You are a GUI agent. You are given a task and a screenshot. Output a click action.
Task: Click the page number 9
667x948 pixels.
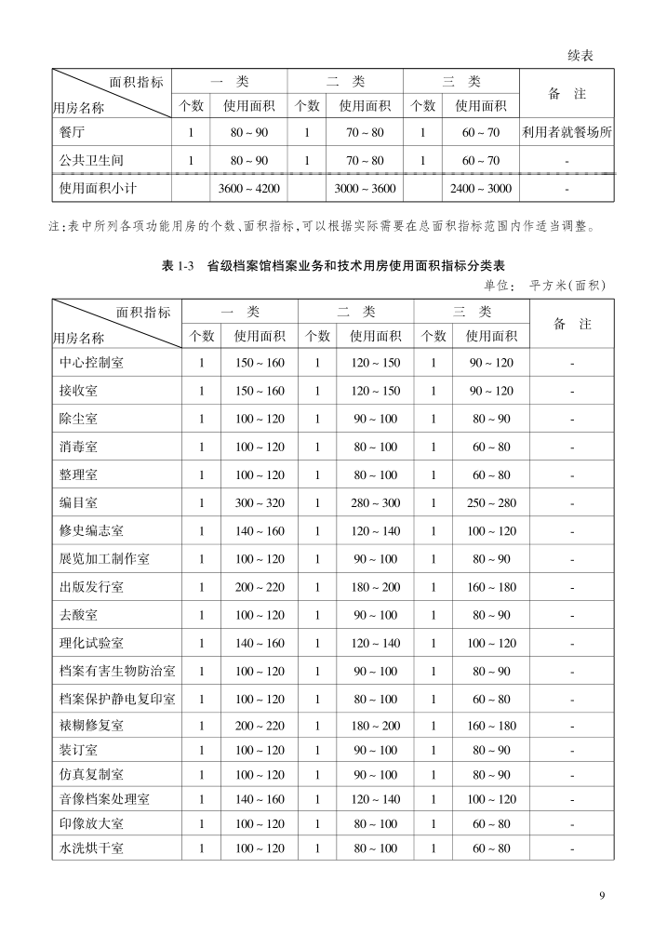point(603,896)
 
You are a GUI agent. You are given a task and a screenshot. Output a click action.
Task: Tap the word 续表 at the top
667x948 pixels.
point(580,56)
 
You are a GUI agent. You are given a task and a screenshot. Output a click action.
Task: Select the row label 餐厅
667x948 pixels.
point(72,132)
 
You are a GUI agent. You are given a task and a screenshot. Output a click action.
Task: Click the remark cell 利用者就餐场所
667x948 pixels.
point(567,132)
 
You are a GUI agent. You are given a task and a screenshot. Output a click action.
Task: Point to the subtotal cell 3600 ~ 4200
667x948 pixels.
point(249,188)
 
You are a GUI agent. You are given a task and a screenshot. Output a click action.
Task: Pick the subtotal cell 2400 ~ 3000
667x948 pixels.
point(481,188)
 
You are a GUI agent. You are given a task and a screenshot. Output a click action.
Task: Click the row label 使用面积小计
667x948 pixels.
point(98,188)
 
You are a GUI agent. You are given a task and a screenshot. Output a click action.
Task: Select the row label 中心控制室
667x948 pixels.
point(91,363)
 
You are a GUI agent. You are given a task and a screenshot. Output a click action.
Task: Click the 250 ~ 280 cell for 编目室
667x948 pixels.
point(491,503)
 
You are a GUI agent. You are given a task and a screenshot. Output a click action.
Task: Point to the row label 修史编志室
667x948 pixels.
point(91,531)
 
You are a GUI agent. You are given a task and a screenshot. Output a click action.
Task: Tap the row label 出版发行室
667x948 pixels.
point(91,587)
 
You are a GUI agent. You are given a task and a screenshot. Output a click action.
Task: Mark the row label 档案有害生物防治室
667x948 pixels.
point(117,671)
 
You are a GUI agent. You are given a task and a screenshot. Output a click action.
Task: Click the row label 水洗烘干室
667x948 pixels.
point(91,848)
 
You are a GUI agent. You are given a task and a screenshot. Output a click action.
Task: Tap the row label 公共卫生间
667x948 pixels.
point(91,160)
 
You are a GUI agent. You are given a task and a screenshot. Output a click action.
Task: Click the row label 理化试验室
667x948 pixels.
point(91,643)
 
